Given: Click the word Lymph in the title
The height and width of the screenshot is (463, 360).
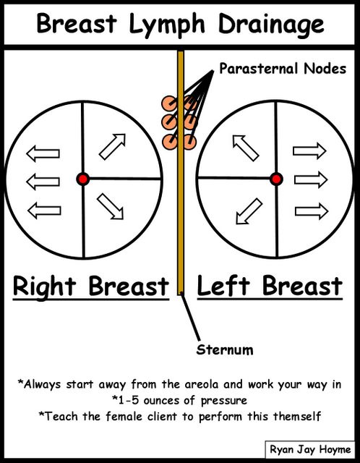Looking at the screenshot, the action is tap(167, 24).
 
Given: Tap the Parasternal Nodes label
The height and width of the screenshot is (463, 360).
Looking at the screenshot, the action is tap(283, 69).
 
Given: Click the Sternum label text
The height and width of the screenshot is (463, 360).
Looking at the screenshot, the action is tap(225, 350).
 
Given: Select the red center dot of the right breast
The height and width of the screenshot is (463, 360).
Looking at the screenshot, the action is tap(83, 179).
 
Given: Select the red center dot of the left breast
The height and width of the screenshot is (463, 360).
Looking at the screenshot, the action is tap(276, 179).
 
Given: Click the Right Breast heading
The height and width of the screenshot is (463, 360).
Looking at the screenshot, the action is tap(91, 286).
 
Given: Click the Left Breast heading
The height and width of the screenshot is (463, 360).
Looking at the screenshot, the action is tap(270, 286).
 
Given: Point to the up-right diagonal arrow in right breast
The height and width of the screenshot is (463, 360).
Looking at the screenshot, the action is tap(112, 147).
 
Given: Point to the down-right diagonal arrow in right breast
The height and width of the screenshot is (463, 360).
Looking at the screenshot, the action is tap(110, 206).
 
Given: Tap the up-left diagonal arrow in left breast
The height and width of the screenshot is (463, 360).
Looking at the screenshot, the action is tap(246, 148).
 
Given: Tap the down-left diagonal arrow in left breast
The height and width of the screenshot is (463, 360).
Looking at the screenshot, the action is tap(249, 211).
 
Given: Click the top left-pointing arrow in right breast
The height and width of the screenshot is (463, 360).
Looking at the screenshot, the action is tap(43, 153).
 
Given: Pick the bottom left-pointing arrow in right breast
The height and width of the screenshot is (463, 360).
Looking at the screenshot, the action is tap(44, 211).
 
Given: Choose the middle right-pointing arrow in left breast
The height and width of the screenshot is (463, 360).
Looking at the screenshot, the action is tap(311, 179).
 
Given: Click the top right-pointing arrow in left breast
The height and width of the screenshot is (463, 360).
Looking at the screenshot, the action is tap(309, 151).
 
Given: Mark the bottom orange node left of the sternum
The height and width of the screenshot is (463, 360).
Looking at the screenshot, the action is tap(169, 142).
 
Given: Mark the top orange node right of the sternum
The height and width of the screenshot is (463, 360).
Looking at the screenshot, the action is tap(189, 103).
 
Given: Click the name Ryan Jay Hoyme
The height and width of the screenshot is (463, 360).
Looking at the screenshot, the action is tap(310, 450).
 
